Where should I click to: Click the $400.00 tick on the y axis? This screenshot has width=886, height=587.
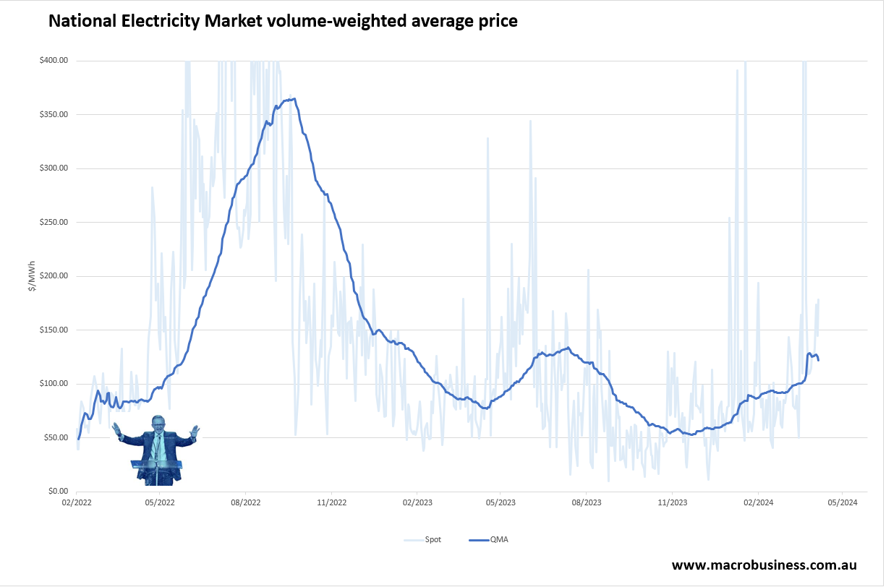pos(54,61)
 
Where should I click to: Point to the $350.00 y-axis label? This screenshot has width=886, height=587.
pos(54,114)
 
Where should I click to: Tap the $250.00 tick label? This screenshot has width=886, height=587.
pos(54,222)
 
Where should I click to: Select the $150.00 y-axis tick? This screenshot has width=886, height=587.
pos(54,330)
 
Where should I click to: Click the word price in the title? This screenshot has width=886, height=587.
pos(496,21)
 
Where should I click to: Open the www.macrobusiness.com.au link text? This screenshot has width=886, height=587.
pos(764,565)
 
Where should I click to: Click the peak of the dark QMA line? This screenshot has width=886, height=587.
pos(293,99)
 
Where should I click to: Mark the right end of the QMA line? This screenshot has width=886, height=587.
pos(818,360)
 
